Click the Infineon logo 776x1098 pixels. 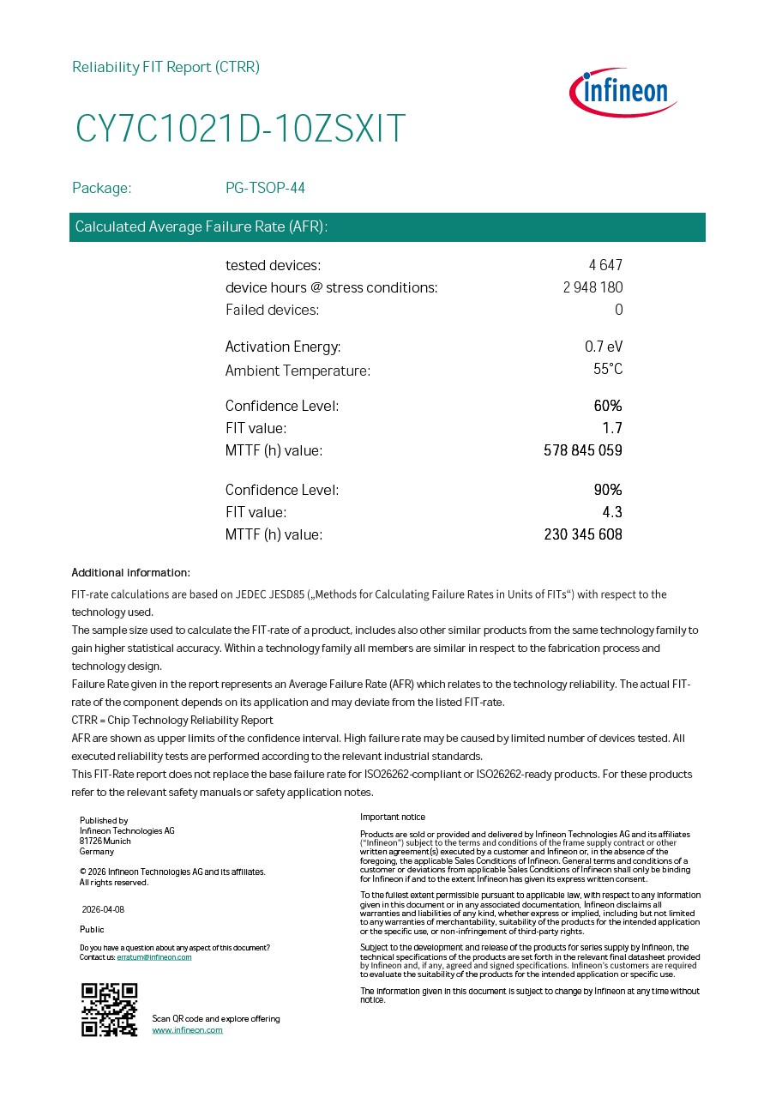[x=623, y=92]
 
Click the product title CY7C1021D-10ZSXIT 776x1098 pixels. [x=240, y=129]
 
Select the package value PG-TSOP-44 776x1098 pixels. [x=265, y=188]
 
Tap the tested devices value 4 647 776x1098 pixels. [x=605, y=265]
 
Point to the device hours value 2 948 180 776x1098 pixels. [x=593, y=287]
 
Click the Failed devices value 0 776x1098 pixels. [x=618, y=310]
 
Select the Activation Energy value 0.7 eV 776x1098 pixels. [x=604, y=347]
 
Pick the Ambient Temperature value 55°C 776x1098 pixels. [x=608, y=370]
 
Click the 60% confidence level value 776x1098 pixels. [x=608, y=406]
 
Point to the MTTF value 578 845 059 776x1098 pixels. [x=583, y=450]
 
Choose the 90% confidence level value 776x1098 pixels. [x=608, y=490]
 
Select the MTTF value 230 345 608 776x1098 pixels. [x=583, y=534]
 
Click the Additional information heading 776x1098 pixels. [x=130, y=573]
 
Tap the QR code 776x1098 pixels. [x=109, y=1010]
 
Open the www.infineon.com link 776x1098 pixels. [x=187, y=1030]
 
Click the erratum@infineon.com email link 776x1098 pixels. [x=154, y=957]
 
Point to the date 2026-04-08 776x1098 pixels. [x=103, y=909]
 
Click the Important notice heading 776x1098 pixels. [x=392, y=817]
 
